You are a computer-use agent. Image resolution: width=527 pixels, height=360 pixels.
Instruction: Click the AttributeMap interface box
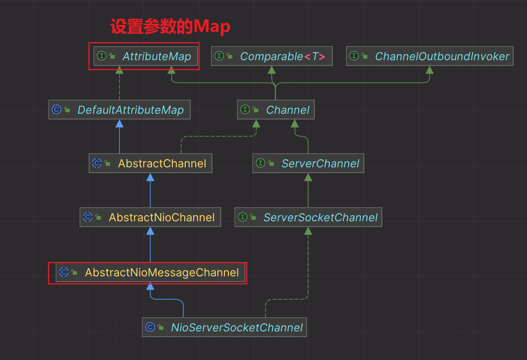point(146,56)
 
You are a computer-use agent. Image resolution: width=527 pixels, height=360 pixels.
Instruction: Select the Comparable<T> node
point(272,56)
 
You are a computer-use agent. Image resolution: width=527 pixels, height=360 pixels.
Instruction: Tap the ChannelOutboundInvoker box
point(429,56)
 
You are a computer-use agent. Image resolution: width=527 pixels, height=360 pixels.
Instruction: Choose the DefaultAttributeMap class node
point(119,110)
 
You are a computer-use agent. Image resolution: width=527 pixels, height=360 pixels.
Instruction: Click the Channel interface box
point(276,110)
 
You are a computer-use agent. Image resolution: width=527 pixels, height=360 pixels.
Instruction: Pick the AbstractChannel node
point(150,163)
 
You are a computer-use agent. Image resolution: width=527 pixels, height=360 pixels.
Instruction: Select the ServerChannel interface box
point(308,163)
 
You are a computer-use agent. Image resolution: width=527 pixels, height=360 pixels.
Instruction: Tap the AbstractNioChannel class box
point(150,217)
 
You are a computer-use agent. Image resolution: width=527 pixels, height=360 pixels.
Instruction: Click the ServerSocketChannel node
point(308,217)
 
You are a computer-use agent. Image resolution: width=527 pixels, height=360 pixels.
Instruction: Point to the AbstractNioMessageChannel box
point(150,272)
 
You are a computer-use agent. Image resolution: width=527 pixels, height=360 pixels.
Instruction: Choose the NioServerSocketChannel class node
point(224,327)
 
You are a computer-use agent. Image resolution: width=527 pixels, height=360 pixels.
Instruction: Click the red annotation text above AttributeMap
point(170,26)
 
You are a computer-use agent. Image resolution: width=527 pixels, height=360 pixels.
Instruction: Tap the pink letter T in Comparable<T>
point(315,57)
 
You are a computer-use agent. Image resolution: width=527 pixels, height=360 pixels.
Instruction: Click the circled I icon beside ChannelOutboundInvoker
point(354,56)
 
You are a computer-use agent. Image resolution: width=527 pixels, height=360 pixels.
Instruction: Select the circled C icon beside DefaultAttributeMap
point(57,109)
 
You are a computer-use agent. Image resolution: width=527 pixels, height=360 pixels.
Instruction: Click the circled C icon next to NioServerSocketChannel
point(150,327)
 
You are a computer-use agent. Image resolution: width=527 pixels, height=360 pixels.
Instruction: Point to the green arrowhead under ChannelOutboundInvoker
point(429,70)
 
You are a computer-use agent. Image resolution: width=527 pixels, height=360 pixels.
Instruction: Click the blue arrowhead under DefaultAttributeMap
point(119,124)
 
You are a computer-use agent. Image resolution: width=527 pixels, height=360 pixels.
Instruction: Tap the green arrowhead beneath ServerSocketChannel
point(308,231)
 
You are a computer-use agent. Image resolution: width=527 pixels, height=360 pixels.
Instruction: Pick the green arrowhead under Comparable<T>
point(272,70)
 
